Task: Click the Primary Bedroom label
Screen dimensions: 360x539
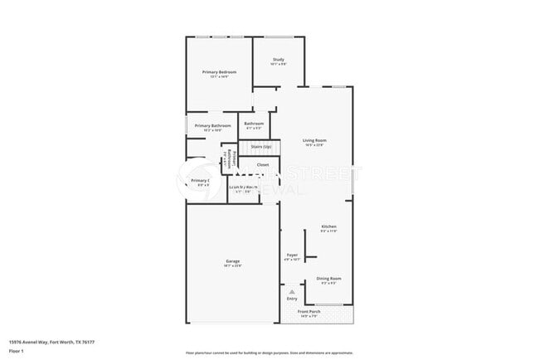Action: [x=220, y=72]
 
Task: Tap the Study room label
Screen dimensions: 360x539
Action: [x=279, y=59]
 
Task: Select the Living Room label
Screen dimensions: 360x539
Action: [x=313, y=140]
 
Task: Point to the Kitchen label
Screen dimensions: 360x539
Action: [x=328, y=226]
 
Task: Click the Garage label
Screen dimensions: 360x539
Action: [x=232, y=261]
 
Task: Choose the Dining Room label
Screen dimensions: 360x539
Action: [x=328, y=279]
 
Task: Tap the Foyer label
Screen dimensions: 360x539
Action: [x=292, y=255]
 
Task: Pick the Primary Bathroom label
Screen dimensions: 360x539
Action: [x=213, y=125]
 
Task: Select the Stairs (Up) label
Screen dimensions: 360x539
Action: [x=261, y=147]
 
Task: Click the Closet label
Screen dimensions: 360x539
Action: [x=262, y=164]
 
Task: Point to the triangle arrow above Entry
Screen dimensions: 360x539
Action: [x=292, y=292]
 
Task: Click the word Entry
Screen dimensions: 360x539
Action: [x=292, y=299]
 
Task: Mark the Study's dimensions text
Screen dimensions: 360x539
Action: [x=279, y=64]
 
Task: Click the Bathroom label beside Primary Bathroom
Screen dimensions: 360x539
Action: [x=254, y=124]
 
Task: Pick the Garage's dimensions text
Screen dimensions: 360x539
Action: [x=232, y=266]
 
